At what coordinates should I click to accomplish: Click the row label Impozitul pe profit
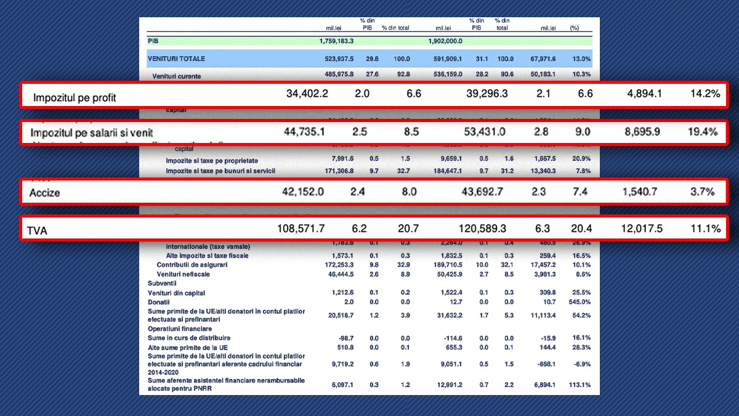pyautogui.click(x=75, y=97)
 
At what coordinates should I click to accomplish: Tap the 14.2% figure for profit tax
pyautogui.click(x=705, y=94)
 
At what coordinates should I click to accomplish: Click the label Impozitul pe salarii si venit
pyautogui.click(x=92, y=133)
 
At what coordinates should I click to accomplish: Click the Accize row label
pyautogui.click(x=45, y=193)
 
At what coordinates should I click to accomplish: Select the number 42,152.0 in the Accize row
pyautogui.click(x=303, y=192)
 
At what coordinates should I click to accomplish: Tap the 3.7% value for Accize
pyautogui.click(x=702, y=192)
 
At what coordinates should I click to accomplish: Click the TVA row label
pyautogui.click(x=37, y=230)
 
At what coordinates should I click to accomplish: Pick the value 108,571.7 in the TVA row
pyautogui.click(x=301, y=229)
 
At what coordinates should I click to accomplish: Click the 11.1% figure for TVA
pyautogui.click(x=705, y=229)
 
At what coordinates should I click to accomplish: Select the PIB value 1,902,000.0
pyautogui.click(x=445, y=41)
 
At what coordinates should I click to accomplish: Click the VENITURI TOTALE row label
pyautogui.click(x=176, y=59)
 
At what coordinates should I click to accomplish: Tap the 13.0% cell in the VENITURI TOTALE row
pyautogui.click(x=581, y=59)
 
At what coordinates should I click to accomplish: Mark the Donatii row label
pyautogui.click(x=158, y=302)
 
